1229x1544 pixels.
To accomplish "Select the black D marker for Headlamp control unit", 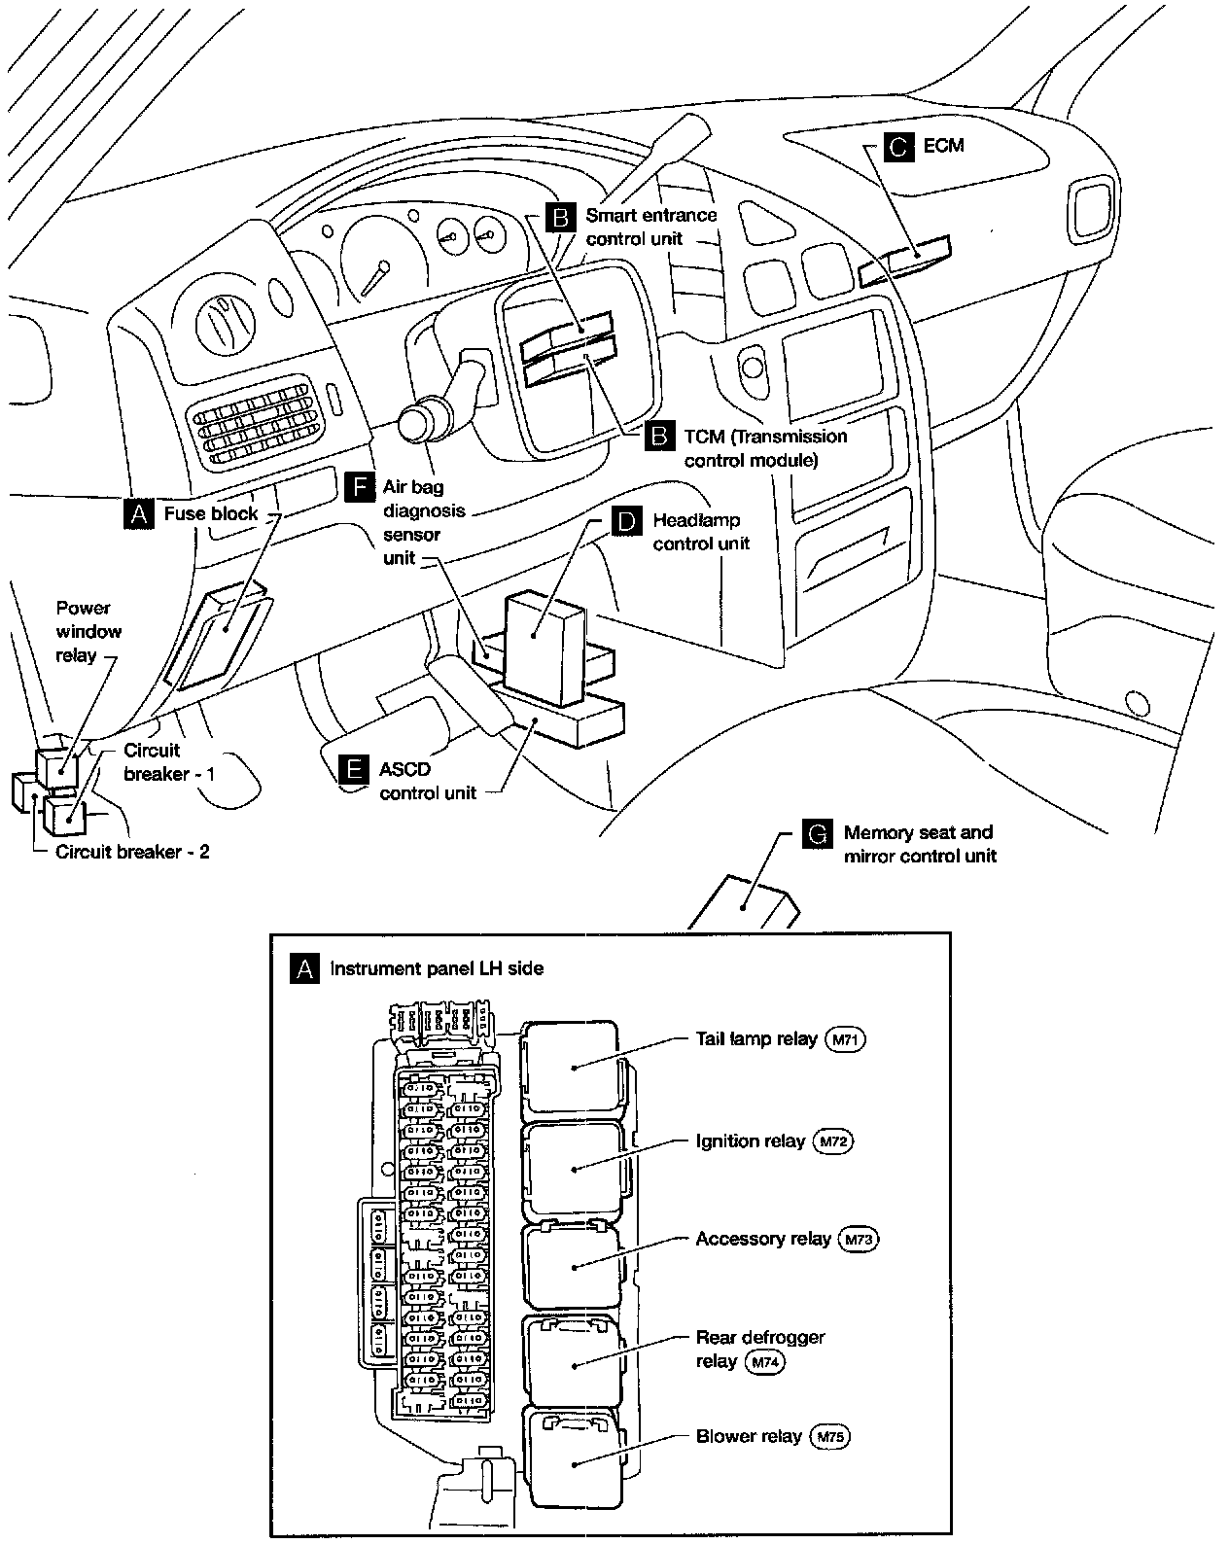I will [x=627, y=522].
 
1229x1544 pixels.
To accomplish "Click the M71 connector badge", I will [x=844, y=1039].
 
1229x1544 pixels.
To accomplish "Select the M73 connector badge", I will [x=858, y=1240].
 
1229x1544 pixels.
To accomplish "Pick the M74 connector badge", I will [x=763, y=1362].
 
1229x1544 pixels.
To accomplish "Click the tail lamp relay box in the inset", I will [x=571, y=1066].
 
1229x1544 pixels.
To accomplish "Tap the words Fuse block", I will [x=211, y=513].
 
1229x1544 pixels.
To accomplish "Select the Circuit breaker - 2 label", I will [x=132, y=852].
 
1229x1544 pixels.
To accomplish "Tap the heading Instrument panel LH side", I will [x=437, y=968].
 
